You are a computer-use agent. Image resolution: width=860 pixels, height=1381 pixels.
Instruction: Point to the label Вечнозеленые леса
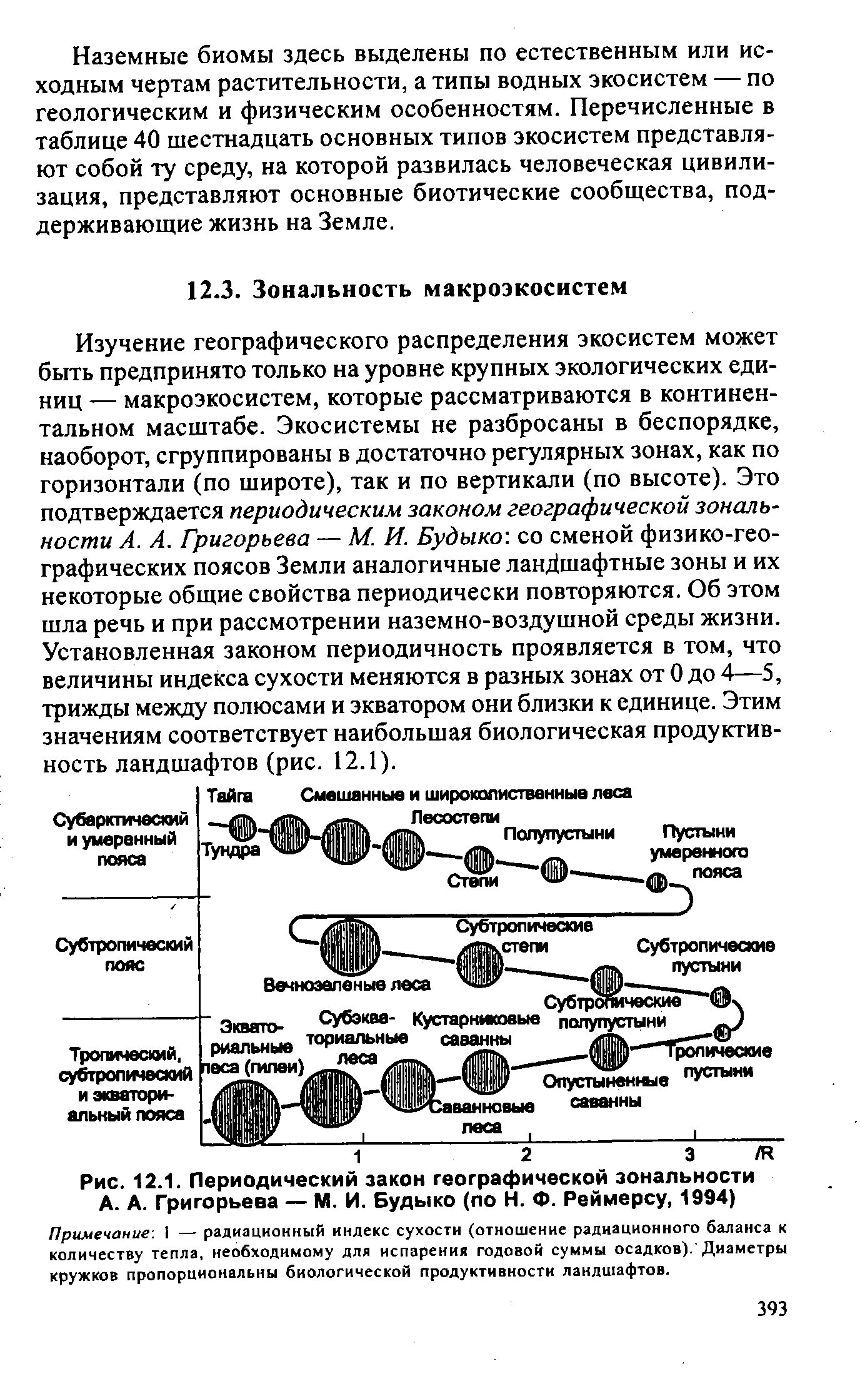click(347, 984)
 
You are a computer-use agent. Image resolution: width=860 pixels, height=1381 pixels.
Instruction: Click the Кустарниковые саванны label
click(477, 1029)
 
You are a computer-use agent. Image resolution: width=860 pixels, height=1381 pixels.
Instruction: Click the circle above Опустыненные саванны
click(607, 1052)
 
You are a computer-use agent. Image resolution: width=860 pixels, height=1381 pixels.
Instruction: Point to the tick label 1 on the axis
click(360, 1152)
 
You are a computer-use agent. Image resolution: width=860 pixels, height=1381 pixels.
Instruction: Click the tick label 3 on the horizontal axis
click(689, 1152)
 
